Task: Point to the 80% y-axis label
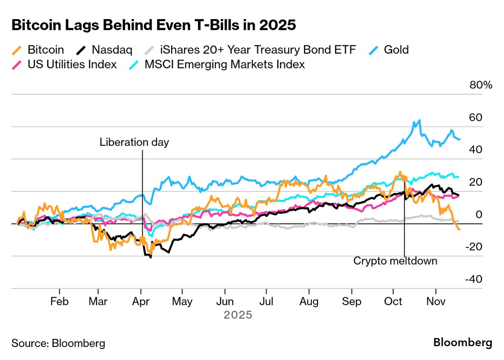pyautogui.click(x=481, y=85)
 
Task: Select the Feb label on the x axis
pyautogui.click(x=59, y=302)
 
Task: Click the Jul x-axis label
pyautogui.click(x=266, y=302)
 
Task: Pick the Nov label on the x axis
pyautogui.click(x=436, y=302)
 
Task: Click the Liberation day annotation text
pyautogui.click(x=134, y=143)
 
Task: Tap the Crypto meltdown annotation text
pyautogui.click(x=395, y=261)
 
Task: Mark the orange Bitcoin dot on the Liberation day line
pyautogui.click(x=142, y=239)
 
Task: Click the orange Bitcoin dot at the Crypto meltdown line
pyautogui.click(x=404, y=178)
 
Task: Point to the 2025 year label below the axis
pyautogui.click(x=238, y=315)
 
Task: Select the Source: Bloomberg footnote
pyautogui.click(x=58, y=343)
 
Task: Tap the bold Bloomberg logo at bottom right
pyautogui.click(x=462, y=342)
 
